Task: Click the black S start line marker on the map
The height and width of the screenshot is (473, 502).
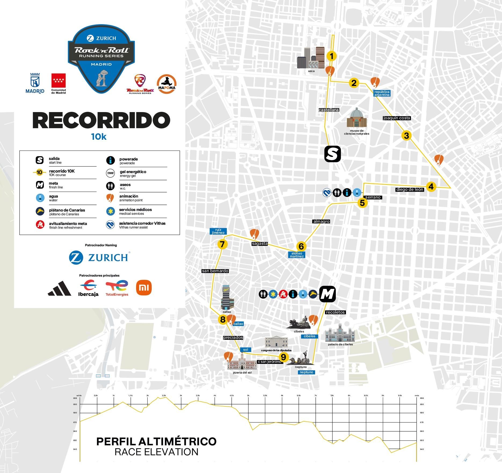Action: click(x=333, y=154)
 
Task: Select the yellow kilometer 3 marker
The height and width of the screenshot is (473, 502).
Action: click(x=406, y=136)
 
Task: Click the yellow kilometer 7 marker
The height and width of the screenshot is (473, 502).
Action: click(x=222, y=245)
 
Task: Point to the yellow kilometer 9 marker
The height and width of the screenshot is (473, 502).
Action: click(x=283, y=357)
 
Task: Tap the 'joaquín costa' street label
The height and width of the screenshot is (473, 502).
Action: click(x=396, y=118)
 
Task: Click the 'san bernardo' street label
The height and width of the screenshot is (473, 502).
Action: click(x=215, y=271)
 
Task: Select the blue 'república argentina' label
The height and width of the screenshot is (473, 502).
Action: click(x=382, y=93)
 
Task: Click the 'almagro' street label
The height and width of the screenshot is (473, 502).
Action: click(x=321, y=221)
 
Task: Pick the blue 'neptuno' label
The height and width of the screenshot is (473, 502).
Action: click(x=306, y=372)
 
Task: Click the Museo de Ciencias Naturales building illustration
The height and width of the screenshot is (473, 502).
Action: click(x=357, y=118)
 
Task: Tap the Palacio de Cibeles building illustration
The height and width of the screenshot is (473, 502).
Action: click(x=340, y=334)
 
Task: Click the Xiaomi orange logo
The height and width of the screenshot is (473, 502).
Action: click(x=144, y=288)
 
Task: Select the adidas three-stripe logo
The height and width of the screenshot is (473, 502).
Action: click(x=60, y=289)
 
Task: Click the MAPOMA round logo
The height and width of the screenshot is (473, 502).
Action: click(x=167, y=84)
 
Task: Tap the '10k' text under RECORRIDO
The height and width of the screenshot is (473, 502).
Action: click(x=99, y=137)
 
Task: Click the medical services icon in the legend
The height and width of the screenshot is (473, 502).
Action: click(x=110, y=212)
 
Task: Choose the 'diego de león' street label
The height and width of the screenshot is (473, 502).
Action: click(x=410, y=189)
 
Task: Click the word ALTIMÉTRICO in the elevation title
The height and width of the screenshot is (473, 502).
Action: click(x=177, y=441)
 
